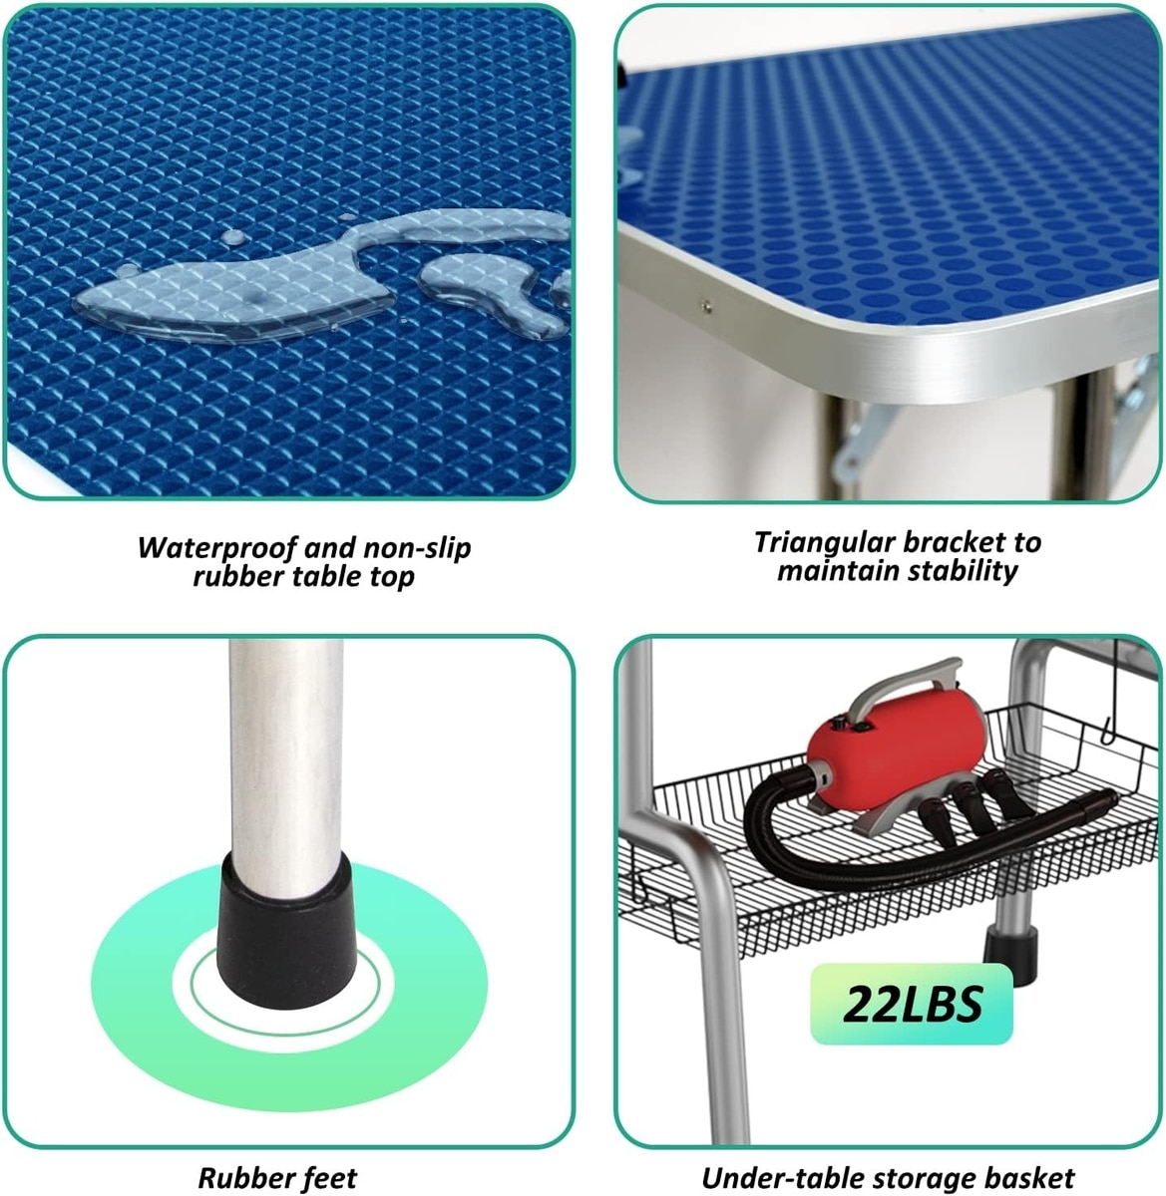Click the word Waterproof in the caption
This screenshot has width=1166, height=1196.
pyautogui.click(x=218, y=547)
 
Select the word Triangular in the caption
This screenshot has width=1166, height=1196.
pyautogui.click(x=824, y=543)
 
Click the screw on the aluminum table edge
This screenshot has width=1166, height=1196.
pyautogui.click(x=707, y=304)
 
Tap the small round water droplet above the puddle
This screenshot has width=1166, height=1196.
pyautogui.click(x=233, y=236)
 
